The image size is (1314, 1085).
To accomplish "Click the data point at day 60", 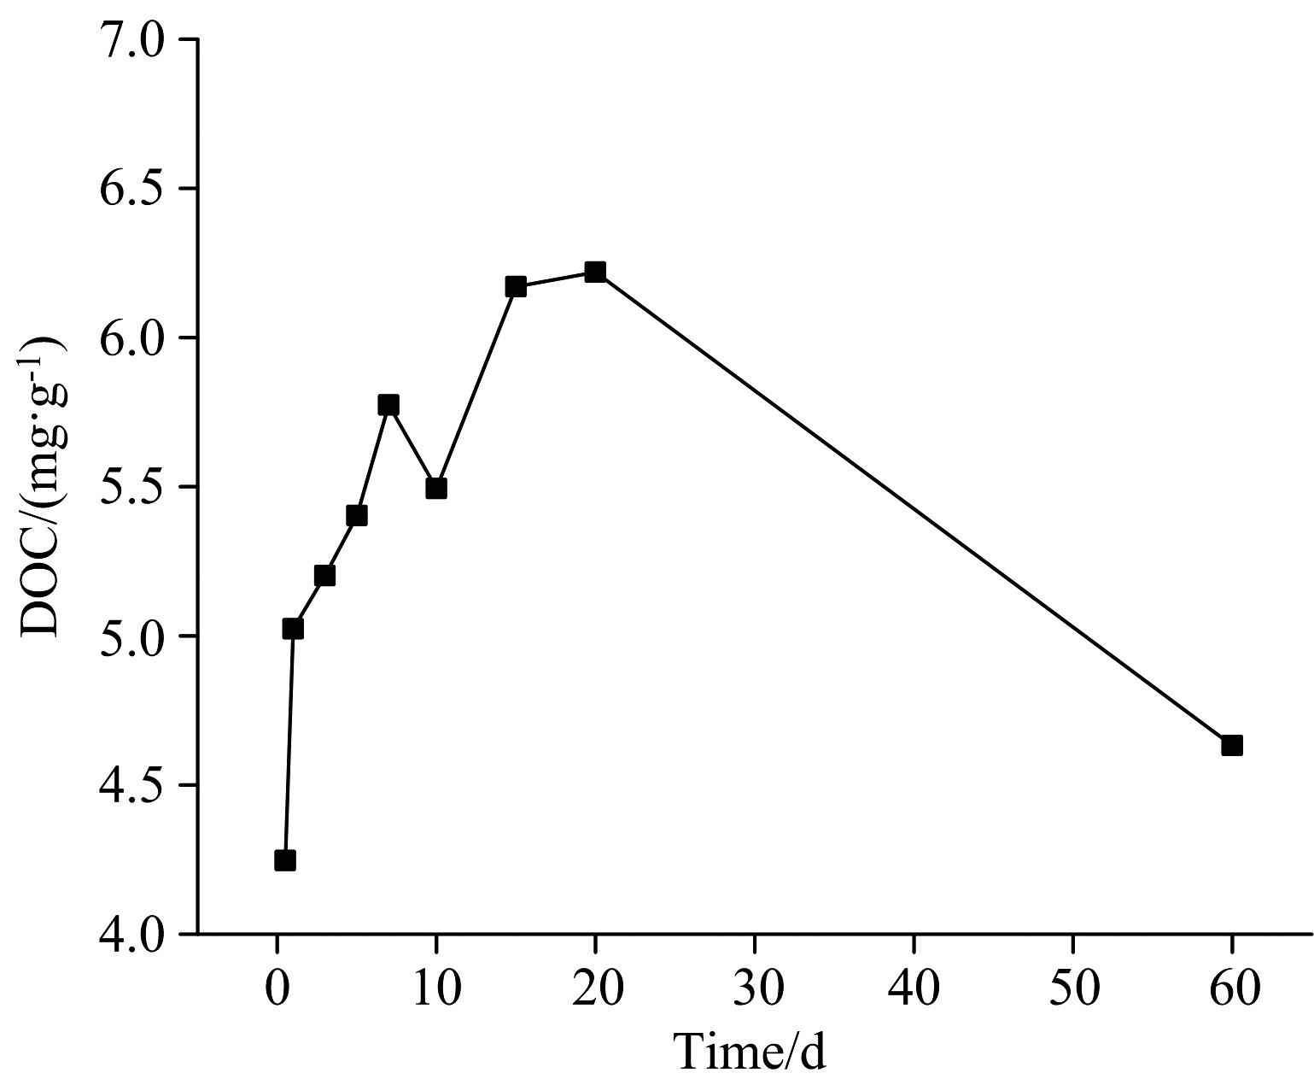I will tap(1231, 745).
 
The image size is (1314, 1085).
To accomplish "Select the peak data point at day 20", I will tap(595, 272).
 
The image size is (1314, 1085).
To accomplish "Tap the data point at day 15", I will tap(516, 286).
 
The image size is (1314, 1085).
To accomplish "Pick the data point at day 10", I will tap(436, 488).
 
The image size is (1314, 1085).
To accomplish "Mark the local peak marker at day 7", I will tap(388, 404).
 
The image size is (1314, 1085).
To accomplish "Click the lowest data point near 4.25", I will tap(285, 859).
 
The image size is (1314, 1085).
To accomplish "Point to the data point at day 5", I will tap(357, 515).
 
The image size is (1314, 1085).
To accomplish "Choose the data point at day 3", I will tap(324, 575).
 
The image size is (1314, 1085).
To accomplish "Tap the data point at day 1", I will tap(293, 629).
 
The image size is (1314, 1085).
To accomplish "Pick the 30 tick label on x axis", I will tap(755, 991).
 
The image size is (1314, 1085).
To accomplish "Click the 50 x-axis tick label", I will tap(1073, 991).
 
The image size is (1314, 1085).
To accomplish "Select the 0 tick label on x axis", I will tap(277, 991).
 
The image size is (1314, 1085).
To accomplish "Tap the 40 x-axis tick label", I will tap(914, 991).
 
